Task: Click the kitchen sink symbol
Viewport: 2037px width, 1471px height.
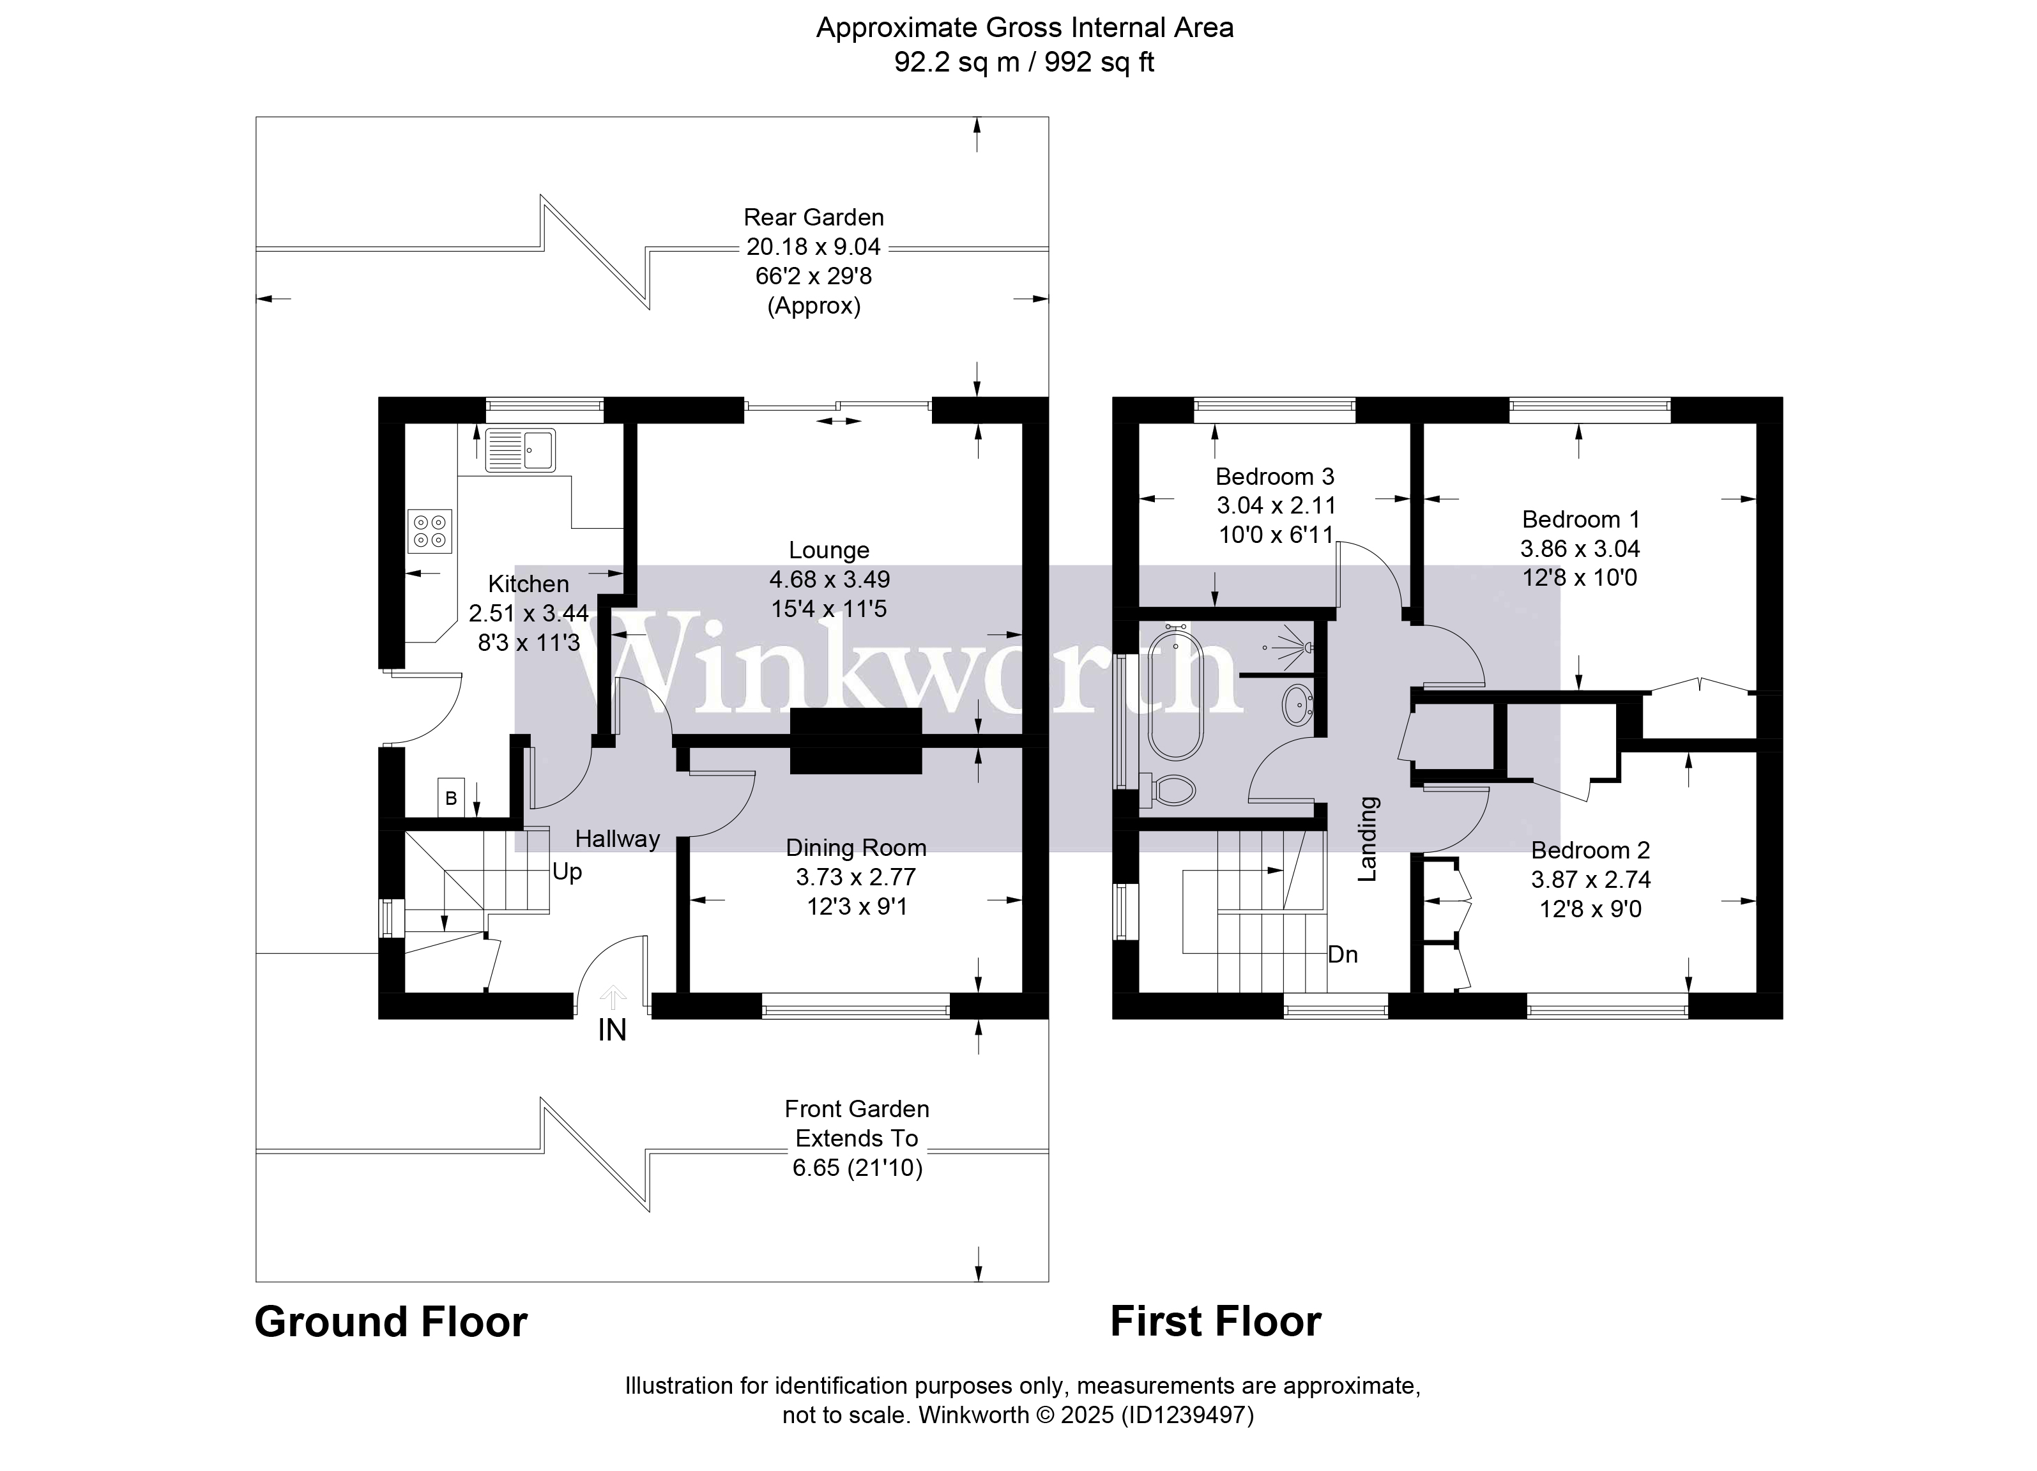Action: (x=520, y=449)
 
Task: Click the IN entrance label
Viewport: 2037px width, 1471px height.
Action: (x=612, y=1030)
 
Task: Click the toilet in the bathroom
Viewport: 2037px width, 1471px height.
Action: (x=1172, y=790)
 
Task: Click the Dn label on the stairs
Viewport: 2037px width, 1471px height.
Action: (x=1342, y=955)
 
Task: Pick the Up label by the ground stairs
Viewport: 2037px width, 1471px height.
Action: (x=567, y=872)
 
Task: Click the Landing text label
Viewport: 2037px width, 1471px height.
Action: (x=1366, y=839)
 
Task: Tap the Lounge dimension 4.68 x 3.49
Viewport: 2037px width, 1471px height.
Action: (x=829, y=579)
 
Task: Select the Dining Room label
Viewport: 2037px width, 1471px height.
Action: (x=855, y=847)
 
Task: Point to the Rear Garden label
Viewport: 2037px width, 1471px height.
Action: (x=814, y=217)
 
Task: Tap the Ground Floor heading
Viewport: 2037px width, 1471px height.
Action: (x=391, y=1322)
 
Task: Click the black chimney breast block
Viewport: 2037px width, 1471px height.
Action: (x=855, y=741)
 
